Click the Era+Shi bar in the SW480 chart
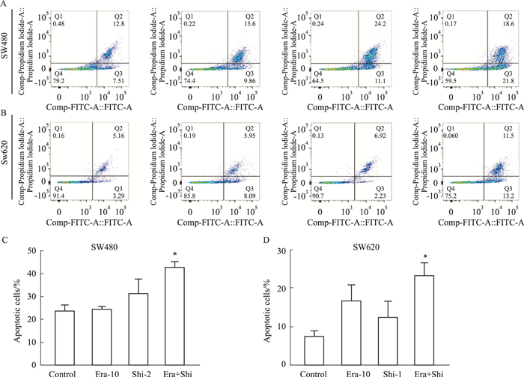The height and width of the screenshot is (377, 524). pyautogui.click(x=177, y=315)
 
